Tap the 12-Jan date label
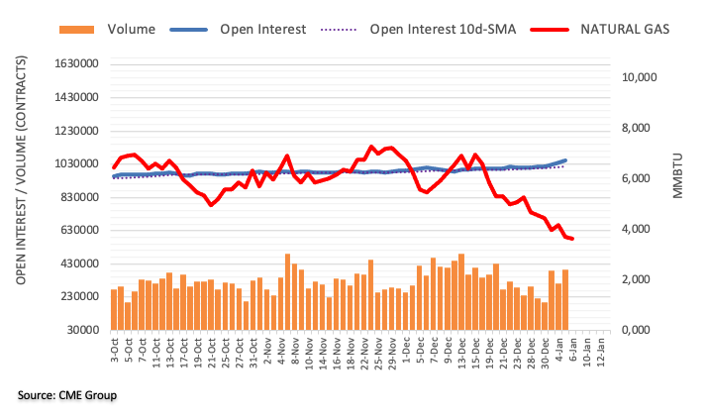(604, 353)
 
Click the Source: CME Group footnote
(67, 396)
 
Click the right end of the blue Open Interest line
(565, 159)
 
